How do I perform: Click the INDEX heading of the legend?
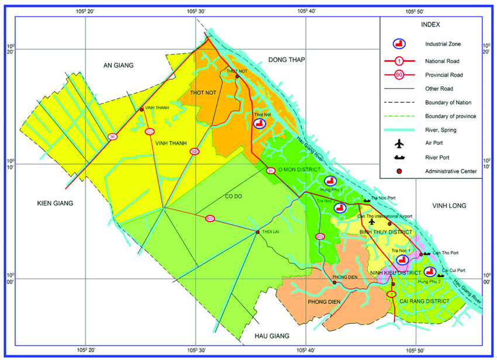click(430, 25)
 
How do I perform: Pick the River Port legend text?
click(436, 157)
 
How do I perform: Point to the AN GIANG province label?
click(119, 65)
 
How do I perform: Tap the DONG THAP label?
click(287, 60)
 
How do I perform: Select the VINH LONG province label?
click(447, 206)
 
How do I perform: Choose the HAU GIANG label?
click(272, 336)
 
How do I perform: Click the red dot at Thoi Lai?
click(258, 233)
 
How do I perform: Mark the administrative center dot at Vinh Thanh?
click(141, 109)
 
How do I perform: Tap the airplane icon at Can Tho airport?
click(372, 221)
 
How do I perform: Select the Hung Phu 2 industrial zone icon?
click(430, 272)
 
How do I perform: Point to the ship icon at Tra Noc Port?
click(367, 200)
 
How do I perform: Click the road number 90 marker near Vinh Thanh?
click(112, 137)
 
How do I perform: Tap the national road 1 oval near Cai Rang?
click(392, 293)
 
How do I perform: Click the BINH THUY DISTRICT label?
click(386, 232)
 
